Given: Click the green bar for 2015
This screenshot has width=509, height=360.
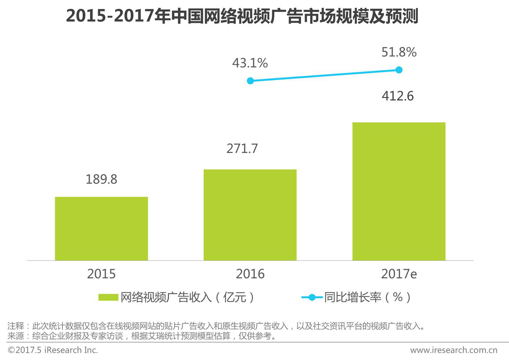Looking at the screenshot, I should pos(101,228).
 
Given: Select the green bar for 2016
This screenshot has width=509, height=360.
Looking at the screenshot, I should pos(250,215).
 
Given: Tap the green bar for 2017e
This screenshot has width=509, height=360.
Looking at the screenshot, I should pos(399,191).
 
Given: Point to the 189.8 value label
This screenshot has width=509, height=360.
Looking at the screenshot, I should pos(101,179).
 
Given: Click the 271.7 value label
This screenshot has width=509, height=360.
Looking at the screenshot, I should pos(242,149).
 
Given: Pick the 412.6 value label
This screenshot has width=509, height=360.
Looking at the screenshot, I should pos(398,96).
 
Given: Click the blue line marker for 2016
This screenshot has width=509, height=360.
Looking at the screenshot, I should pos(250,81).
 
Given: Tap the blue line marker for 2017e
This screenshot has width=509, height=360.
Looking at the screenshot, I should pos(399,70).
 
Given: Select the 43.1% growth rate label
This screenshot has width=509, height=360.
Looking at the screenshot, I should pos(250,63).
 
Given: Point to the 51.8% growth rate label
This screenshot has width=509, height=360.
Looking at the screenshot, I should pos(399,52).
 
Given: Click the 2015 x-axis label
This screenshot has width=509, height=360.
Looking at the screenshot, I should pos(101,274).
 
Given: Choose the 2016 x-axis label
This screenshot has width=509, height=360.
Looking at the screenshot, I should pos(250,274).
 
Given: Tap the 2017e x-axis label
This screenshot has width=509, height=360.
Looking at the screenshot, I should pos(399,274).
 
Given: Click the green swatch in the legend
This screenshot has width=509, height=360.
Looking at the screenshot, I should pos(108,298).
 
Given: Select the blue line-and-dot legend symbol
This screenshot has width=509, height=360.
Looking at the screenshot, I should pos(312,298).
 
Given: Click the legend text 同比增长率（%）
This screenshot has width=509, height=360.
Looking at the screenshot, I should pos(368,298).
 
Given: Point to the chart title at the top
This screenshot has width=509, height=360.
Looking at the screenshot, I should pos(242,16).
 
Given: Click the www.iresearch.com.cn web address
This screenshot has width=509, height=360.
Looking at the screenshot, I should pos(453,350).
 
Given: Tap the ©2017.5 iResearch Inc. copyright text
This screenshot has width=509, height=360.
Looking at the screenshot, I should pos(53,350).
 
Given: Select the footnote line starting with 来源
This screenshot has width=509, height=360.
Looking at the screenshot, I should pos(142,336).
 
